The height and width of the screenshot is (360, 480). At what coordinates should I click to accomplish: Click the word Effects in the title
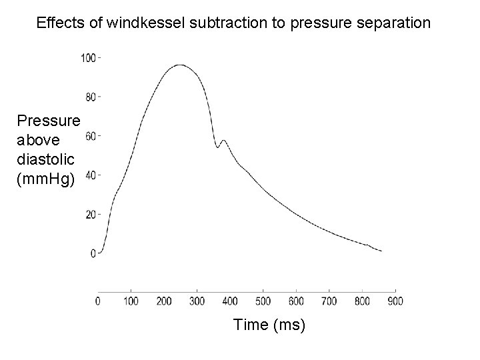click(57, 23)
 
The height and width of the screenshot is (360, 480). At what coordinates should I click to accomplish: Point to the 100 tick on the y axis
click(89, 57)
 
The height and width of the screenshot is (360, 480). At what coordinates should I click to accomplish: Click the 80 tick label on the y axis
click(91, 97)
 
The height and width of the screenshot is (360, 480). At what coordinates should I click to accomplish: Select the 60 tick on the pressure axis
click(91, 136)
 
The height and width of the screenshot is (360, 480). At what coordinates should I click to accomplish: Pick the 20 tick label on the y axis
click(91, 215)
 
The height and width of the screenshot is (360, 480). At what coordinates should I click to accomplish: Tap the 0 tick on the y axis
click(94, 253)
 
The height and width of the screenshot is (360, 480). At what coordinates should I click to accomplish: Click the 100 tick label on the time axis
click(131, 301)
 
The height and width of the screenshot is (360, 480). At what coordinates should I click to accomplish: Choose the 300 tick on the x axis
click(197, 301)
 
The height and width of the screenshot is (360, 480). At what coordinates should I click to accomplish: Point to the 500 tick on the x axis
click(263, 301)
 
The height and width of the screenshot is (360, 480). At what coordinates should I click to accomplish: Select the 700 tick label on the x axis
click(329, 301)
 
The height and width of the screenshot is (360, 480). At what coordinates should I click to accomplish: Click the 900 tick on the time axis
click(395, 301)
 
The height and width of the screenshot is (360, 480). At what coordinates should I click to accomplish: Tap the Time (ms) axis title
click(269, 325)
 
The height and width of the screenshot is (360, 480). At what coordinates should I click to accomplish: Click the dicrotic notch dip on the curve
click(217, 147)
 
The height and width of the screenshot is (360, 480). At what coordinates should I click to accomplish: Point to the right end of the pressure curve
click(381, 251)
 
